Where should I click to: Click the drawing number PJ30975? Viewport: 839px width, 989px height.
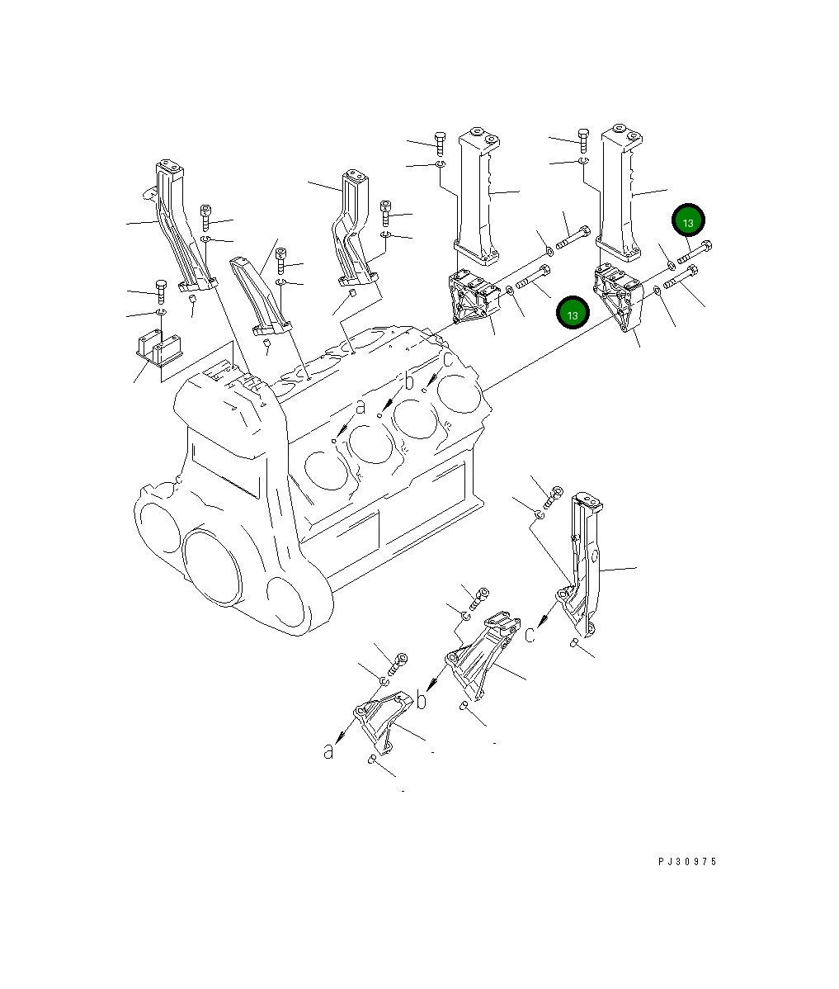tap(687, 861)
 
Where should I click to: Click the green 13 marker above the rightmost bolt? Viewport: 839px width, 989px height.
tap(688, 220)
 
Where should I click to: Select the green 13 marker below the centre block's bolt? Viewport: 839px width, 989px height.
tap(573, 314)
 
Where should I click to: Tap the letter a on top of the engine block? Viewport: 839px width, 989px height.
tap(361, 406)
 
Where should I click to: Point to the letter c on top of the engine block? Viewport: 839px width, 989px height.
tap(447, 360)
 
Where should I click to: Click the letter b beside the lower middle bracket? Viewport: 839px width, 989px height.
tap(422, 701)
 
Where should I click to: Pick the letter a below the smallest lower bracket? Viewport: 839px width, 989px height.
tap(328, 751)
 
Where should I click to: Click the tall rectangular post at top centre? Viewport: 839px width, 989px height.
tap(477, 194)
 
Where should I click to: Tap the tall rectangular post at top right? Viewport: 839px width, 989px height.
tap(620, 194)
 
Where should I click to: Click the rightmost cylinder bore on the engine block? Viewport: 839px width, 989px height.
tap(460, 391)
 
